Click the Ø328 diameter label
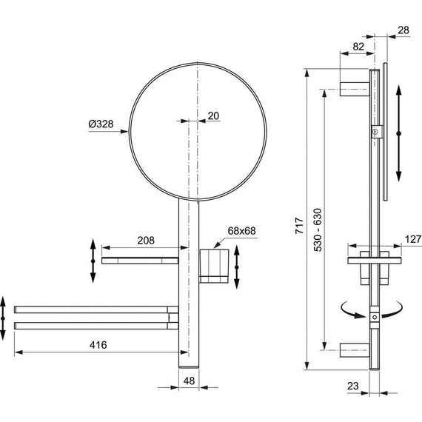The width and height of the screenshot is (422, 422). pos(100,124)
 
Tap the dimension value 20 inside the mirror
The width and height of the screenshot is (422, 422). pos(213,115)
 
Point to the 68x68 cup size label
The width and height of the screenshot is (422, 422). pos(241,231)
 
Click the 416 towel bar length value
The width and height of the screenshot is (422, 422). pos(97,345)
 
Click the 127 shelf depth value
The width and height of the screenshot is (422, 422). pos(412,239)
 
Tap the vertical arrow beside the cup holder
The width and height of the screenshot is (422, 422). pos(236,269)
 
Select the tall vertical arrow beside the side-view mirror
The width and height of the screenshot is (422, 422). pos(399,132)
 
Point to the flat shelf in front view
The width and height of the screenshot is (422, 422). pos(141,260)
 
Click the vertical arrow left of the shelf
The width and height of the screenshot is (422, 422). pos(92,260)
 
